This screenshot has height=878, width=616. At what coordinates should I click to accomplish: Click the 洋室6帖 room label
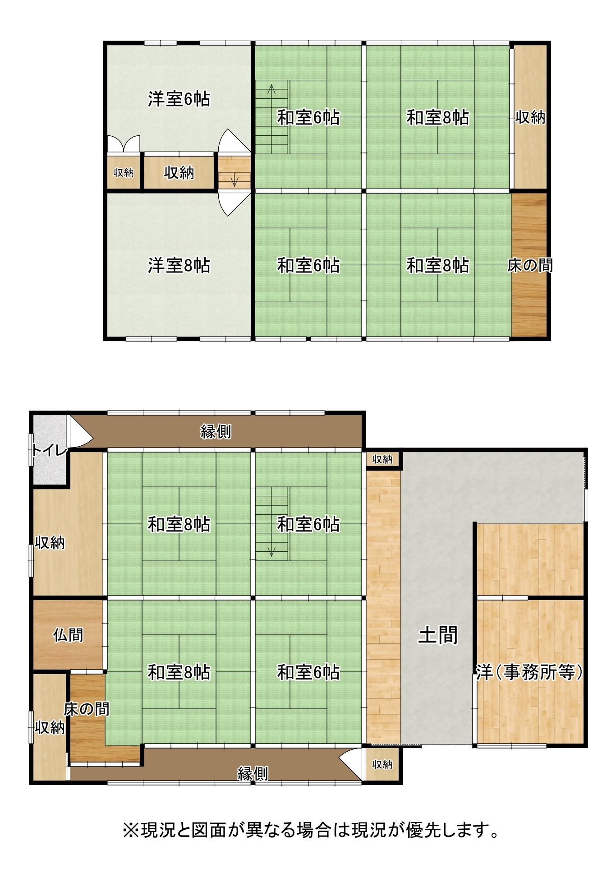pyautogui.click(x=179, y=99)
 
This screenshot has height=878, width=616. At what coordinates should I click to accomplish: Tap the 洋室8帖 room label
pyautogui.click(x=179, y=265)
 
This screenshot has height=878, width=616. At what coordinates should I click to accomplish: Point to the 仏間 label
pyautogui.click(x=68, y=635)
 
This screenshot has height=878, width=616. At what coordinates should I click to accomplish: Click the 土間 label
pyautogui.click(x=438, y=635)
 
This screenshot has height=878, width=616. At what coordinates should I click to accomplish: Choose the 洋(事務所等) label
pyautogui.click(x=530, y=672)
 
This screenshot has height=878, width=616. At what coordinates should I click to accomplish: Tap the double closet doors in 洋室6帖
pyautogui.click(x=124, y=144)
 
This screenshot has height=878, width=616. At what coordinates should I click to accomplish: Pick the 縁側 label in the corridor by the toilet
pyautogui.click(x=216, y=432)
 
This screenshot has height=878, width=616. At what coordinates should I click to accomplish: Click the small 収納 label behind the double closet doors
pyautogui.click(x=124, y=172)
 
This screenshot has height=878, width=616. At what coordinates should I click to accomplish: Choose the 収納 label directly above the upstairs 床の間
pyautogui.click(x=530, y=117)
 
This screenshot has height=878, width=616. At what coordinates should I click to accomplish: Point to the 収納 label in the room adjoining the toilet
pyautogui.click(x=50, y=542)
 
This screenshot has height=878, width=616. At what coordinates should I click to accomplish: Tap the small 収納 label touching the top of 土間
pyautogui.click(x=382, y=459)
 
